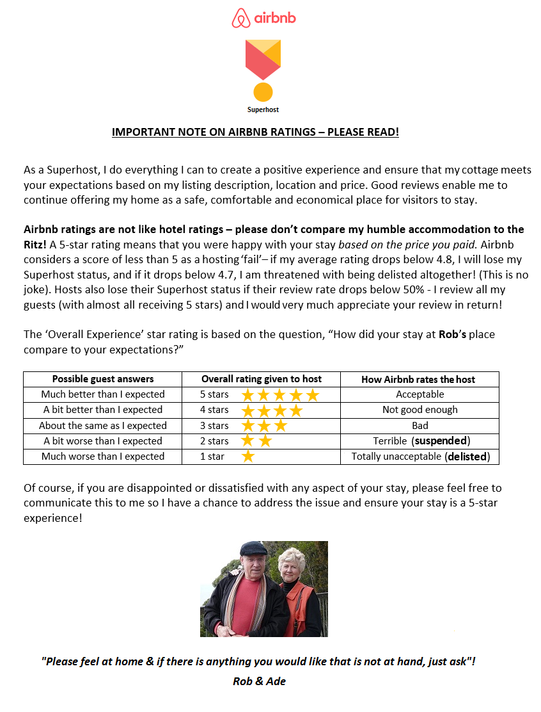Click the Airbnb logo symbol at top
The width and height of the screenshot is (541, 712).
coord(241,18)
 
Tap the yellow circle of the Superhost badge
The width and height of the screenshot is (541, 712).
coord(263,92)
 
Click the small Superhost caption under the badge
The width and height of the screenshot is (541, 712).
coord(263,109)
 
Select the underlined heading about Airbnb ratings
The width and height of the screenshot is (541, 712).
coord(255,132)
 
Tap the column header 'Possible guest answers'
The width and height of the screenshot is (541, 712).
coord(103,379)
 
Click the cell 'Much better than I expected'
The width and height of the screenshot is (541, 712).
coord(103,394)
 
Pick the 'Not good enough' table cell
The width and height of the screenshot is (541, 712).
coord(420,410)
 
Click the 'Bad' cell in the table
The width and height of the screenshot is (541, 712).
coord(420,425)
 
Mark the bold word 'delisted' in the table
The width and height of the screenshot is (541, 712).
coord(467,457)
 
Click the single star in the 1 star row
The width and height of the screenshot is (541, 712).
coord(248,457)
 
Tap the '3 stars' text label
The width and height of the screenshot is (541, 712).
coord(214,425)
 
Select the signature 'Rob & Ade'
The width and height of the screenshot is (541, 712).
coord(259,681)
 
